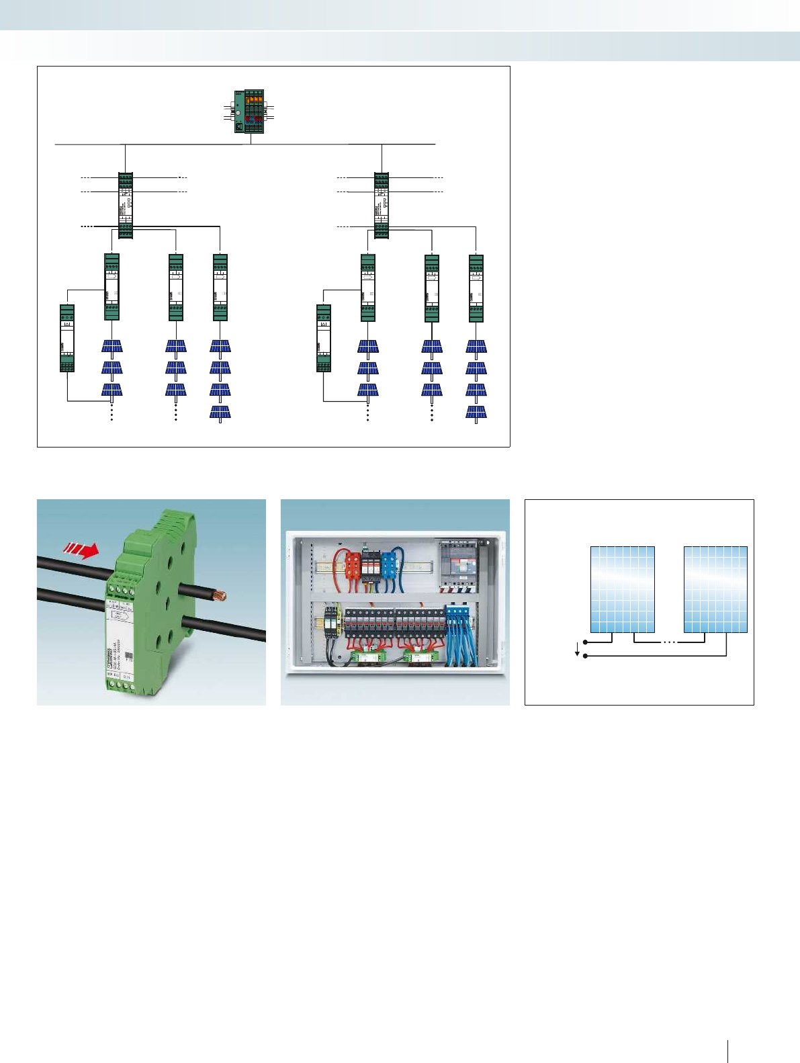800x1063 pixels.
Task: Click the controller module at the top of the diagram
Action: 249,111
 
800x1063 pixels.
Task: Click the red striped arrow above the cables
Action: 81,551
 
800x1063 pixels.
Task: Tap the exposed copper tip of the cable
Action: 218,595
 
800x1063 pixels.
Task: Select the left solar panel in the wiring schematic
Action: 623,589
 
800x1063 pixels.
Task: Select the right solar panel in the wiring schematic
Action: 715,589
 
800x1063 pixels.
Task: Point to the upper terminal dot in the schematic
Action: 586,642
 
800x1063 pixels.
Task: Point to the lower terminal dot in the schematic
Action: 586,655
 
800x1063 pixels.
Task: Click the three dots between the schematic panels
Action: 669,642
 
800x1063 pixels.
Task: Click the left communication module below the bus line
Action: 125,205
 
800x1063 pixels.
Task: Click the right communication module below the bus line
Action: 382,205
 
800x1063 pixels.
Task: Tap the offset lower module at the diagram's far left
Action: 67,338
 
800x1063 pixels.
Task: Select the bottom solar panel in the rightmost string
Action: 476,412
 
